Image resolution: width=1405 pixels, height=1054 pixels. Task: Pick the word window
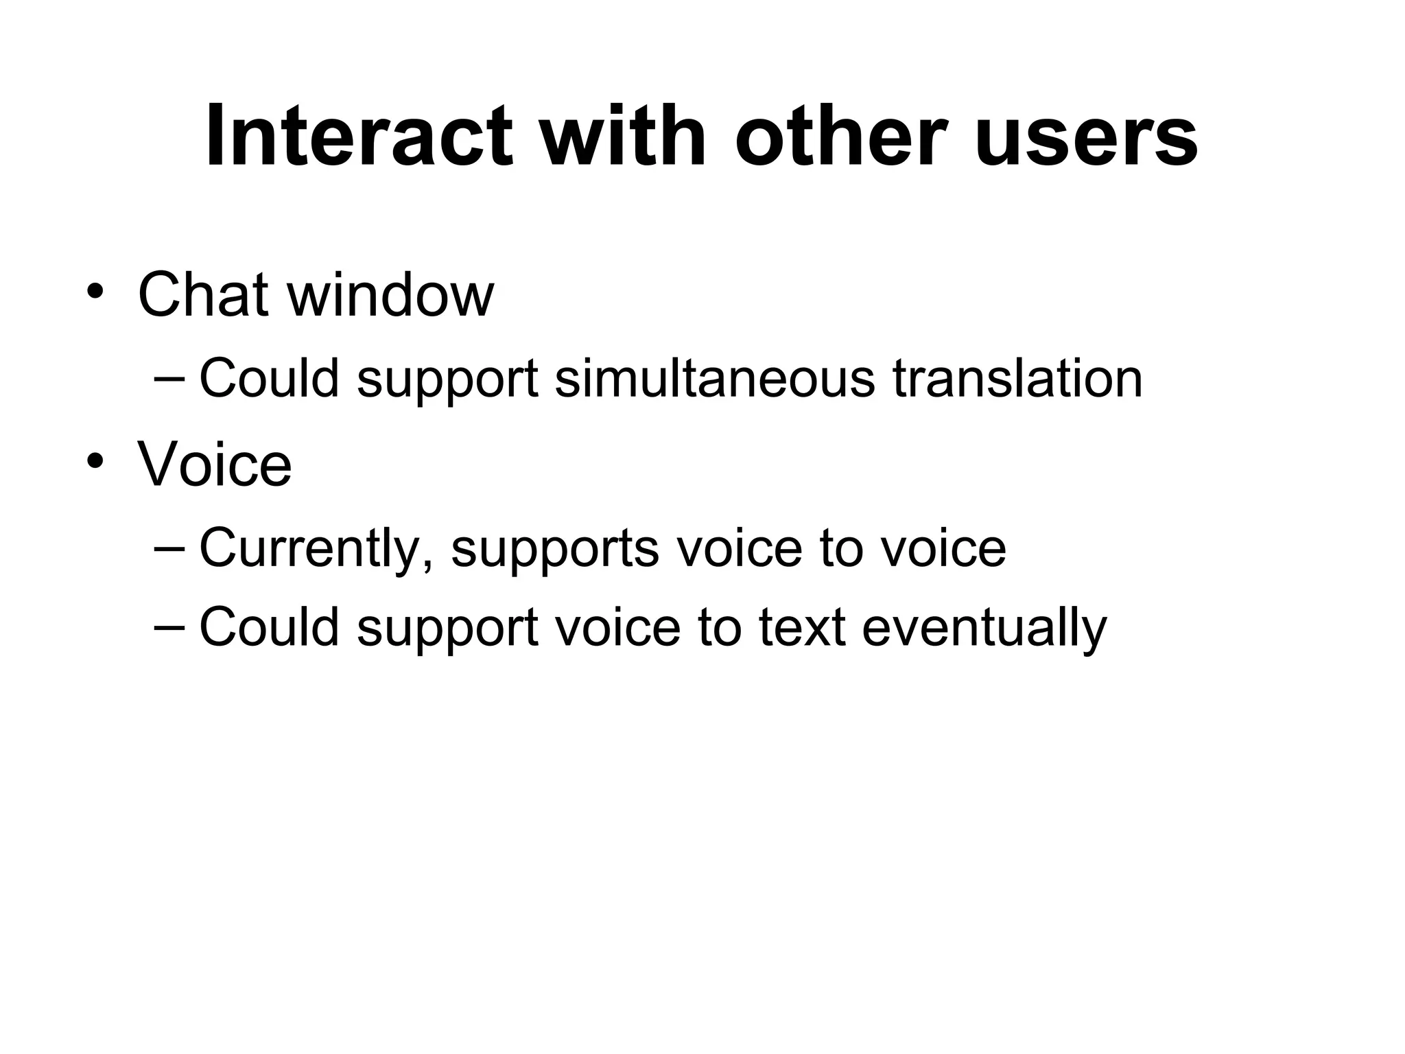click(x=390, y=295)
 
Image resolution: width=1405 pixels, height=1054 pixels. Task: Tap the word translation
click(x=1017, y=378)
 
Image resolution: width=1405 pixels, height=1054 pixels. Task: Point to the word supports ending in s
click(x=555, y=548)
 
